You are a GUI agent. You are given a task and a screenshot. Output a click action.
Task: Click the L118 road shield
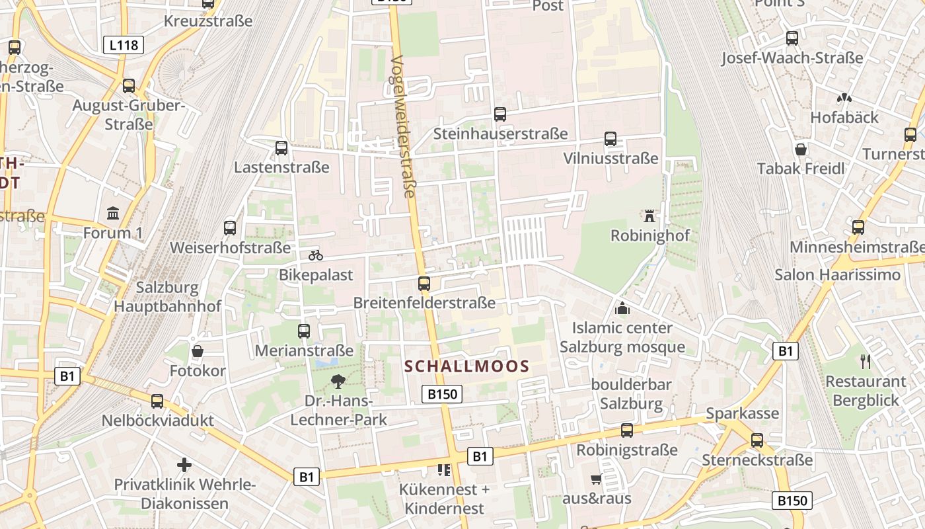coord(124,45)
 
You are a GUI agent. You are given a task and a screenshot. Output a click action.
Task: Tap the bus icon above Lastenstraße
coord(281,147)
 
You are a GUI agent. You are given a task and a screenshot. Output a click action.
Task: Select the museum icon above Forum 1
coord(113,214)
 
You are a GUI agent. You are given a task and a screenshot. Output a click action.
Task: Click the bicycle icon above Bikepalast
coord(316,255)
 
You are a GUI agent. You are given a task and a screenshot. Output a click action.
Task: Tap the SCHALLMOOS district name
coord(466,366)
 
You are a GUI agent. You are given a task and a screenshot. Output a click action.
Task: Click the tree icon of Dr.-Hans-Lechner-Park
coord(338,381)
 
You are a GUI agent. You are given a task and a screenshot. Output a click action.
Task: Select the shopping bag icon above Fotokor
coord(197,351)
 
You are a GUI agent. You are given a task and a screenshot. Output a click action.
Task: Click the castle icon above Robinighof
coord(649,216)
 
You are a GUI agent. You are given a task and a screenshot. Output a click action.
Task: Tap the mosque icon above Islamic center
coord(622,308)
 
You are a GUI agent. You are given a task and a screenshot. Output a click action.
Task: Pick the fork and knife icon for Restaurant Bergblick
coord(866,362)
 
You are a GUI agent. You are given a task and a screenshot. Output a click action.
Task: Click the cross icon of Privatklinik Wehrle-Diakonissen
coord(184,465)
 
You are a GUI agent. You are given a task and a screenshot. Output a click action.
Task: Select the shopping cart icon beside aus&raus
coord(596,479)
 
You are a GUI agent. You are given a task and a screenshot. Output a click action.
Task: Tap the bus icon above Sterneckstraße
coord(757,440)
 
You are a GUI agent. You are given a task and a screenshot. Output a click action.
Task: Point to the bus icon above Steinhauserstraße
coord(500,114)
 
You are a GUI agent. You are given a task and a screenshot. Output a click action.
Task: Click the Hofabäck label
coord(844,118)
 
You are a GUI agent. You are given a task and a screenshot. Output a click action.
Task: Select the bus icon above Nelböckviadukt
coord(157,401)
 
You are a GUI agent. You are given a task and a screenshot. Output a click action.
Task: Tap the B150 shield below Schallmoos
coord(442,395)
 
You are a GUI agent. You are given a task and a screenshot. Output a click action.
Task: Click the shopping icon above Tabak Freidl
coord(801,149)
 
